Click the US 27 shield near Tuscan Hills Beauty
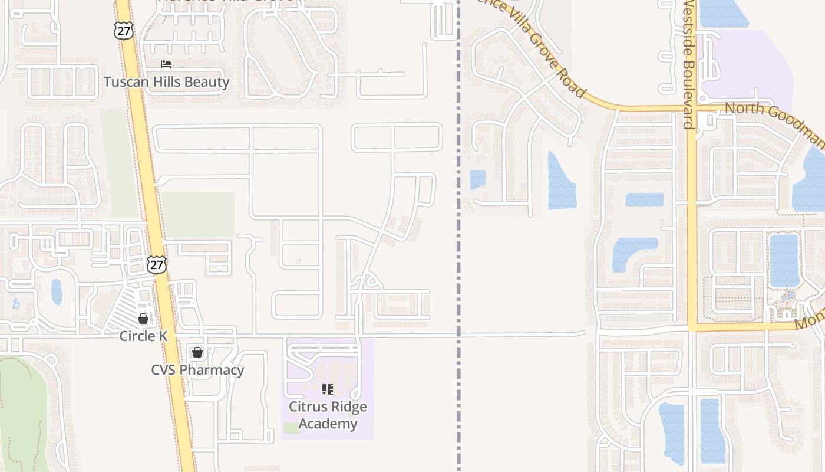click(x=124, y=31)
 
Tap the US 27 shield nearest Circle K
click(x=157, y=265)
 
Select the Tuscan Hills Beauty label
click(x=166, y=81)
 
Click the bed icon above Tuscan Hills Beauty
click(x=166, y=64)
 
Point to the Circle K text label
click(x=143, y=336)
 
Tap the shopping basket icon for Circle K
click(x=143, y=319)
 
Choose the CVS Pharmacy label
click(x=197, y=370)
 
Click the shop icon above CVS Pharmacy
click(x=197, y=352)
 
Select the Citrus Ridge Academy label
click(x=328, y=415)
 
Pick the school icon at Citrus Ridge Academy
click(x=328, y=389)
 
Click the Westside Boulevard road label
click(x=688, y=65)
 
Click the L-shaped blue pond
click(x=631, y=251)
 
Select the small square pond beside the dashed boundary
click(x=477, y=179)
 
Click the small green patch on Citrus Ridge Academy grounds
click(x=291, y=428)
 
